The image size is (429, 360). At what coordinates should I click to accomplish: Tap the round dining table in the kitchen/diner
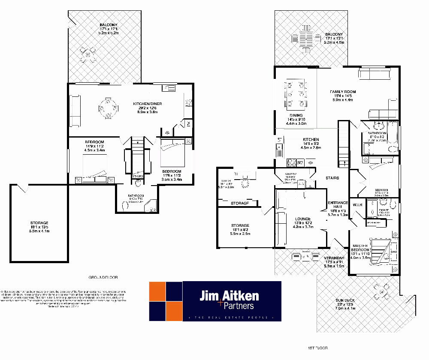(108, 108)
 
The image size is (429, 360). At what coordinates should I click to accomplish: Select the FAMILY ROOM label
(343, 92)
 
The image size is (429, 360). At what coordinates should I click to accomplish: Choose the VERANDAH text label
(334, 258)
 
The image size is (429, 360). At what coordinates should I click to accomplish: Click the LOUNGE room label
(303, 219)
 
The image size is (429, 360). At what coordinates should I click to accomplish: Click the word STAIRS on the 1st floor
(332, 178)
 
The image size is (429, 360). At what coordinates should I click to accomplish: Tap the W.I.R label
(357, 204)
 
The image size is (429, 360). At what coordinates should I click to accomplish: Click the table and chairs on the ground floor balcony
(88, 54)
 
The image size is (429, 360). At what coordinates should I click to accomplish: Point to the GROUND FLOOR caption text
(103, 277)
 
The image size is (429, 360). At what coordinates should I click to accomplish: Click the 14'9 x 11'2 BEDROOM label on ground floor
(94, 142)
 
